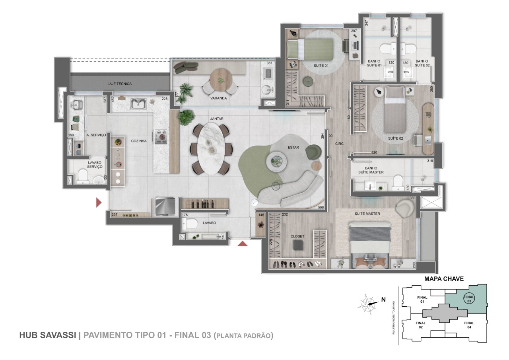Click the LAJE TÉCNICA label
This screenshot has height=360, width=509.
tap(119, 84)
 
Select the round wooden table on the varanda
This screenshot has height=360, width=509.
tap(220, 78)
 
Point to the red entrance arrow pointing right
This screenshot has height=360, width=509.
tap(99, 203)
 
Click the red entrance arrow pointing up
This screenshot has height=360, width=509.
tap(243, 243)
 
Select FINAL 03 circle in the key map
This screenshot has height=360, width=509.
tap(469, 299)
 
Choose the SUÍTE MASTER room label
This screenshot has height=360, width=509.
tap(367, 214)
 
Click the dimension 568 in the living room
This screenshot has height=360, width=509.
tap(321, 207)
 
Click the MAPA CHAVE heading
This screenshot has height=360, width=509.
tap(444, 279)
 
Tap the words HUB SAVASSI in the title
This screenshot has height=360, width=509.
tap(47, 335)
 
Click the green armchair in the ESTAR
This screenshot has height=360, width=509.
tap(313, 151)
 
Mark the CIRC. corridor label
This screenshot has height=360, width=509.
tap(340, 143)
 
